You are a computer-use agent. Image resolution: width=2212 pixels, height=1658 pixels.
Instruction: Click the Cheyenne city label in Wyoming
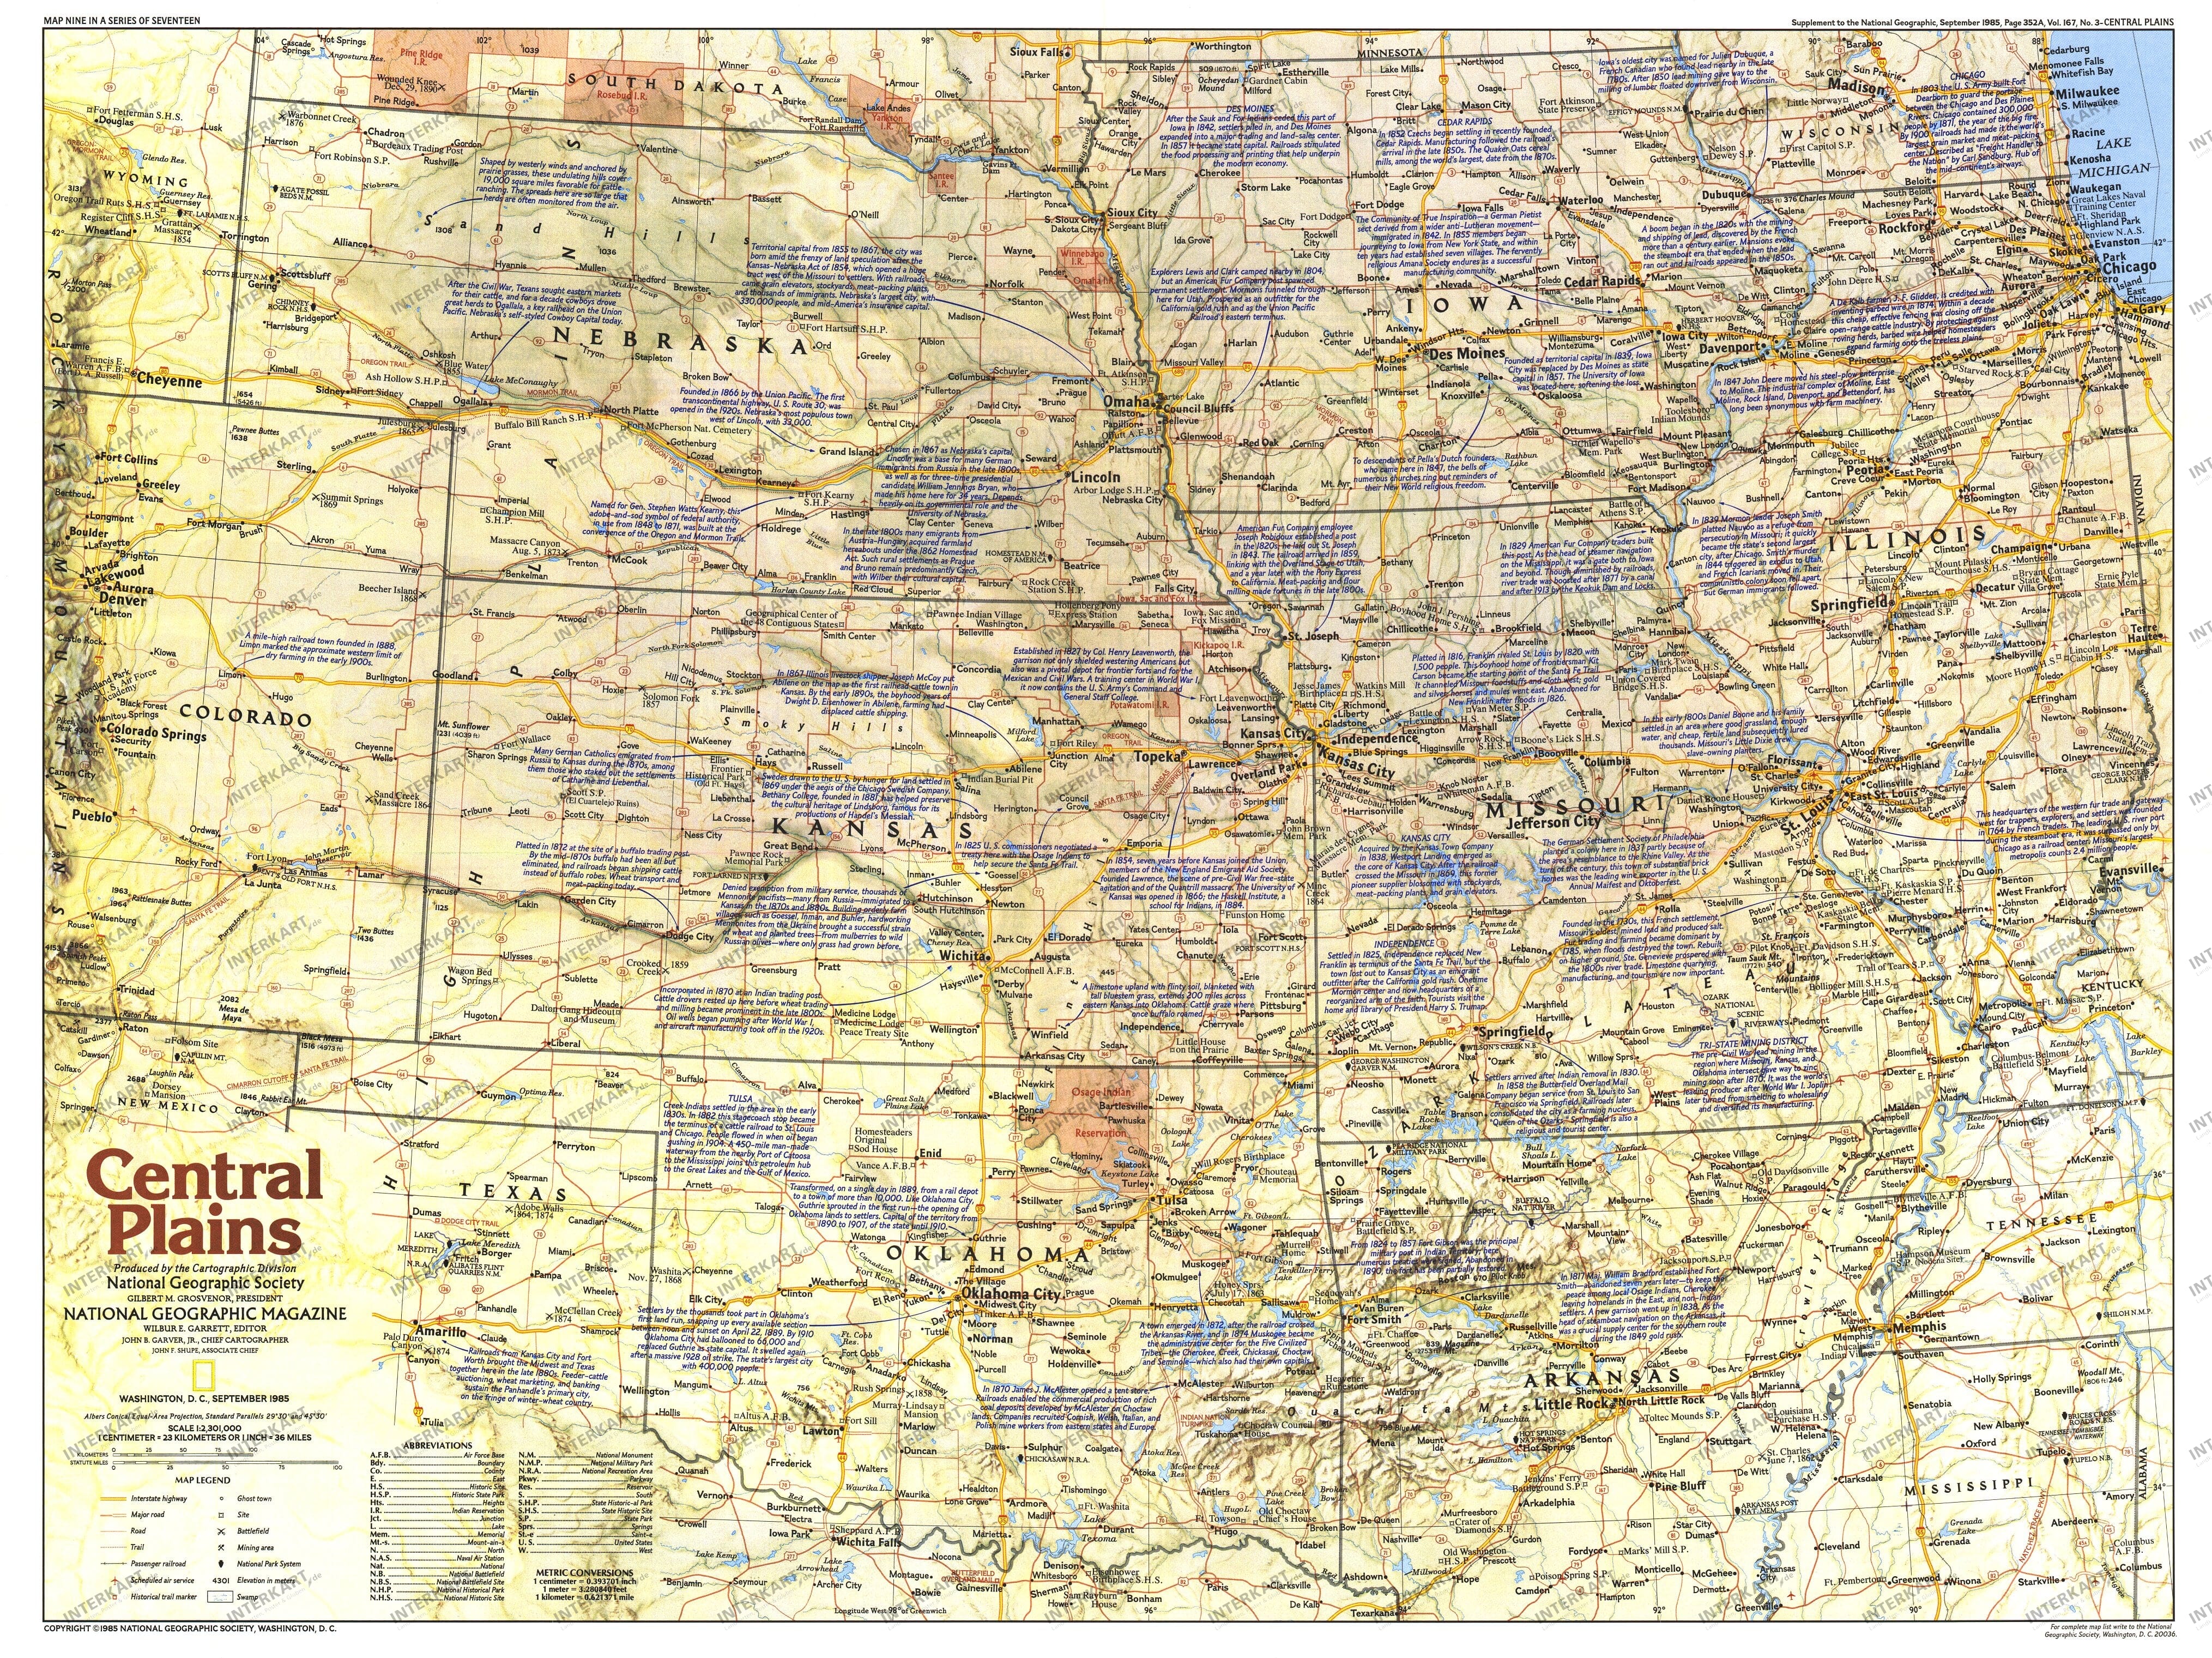169,381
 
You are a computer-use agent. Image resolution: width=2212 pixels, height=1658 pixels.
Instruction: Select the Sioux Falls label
1037,52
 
